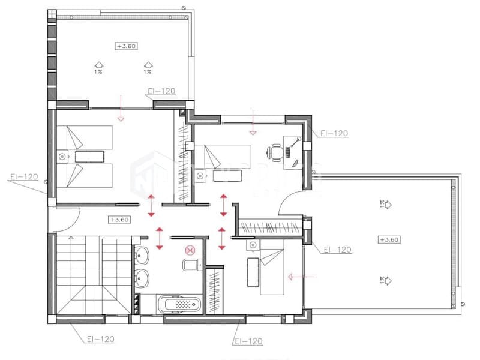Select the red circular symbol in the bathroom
190,251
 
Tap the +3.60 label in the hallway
119,220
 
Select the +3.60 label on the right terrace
389,239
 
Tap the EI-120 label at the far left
24,177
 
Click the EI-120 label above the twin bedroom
161,91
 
